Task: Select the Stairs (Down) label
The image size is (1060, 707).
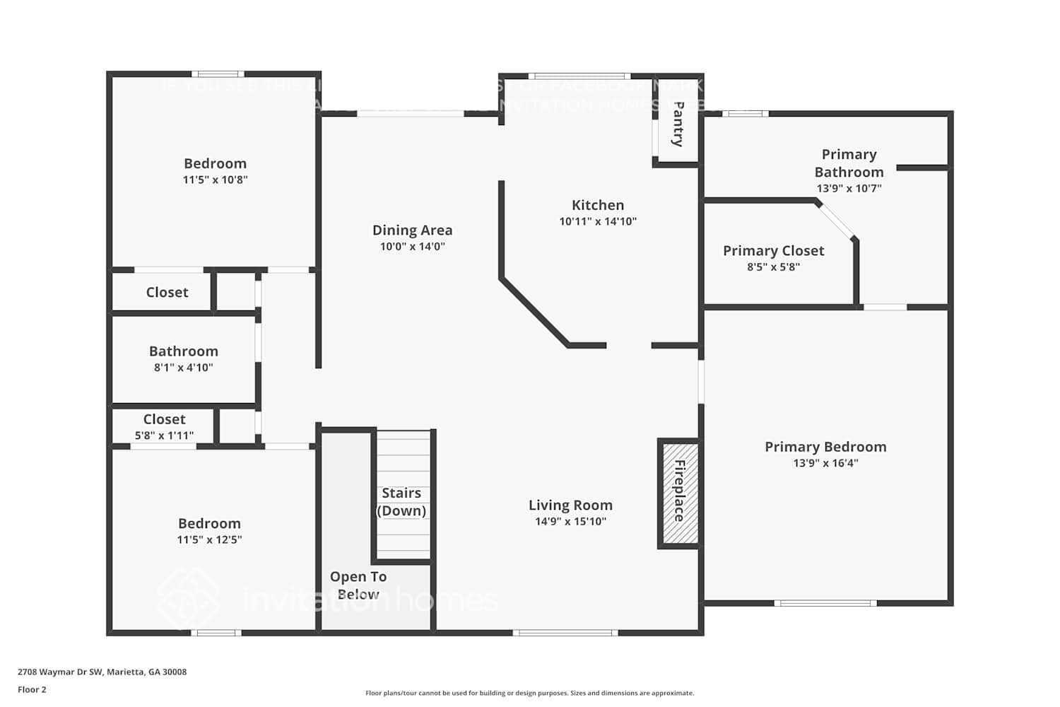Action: click(401, 502)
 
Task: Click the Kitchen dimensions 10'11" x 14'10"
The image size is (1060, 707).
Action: click(598, 221)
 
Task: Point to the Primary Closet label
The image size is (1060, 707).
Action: click(773, 251)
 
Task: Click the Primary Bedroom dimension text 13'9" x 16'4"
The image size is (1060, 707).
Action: click(825, 464)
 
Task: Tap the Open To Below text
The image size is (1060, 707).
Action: click(358, 585)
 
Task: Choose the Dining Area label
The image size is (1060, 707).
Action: click(412, 230)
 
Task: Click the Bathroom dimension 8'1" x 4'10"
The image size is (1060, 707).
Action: click(183, 368)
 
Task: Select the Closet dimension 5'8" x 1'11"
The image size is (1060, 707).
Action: click(164, 436)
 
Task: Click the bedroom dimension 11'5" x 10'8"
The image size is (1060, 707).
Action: click(215, 180)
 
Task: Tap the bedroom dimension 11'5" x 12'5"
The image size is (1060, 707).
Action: click(209, 540)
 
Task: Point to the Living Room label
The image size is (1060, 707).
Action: click(570, 506)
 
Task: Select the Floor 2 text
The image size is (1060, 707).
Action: click(32, 690)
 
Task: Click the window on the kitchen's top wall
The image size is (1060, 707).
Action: click(579, 76)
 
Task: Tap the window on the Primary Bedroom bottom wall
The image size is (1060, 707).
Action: click(825, 603)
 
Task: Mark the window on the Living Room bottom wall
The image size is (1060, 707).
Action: click(565, 633)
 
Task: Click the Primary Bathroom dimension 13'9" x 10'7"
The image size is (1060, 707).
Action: click(849, 189)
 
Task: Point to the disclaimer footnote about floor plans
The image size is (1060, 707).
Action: click(529, 694)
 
